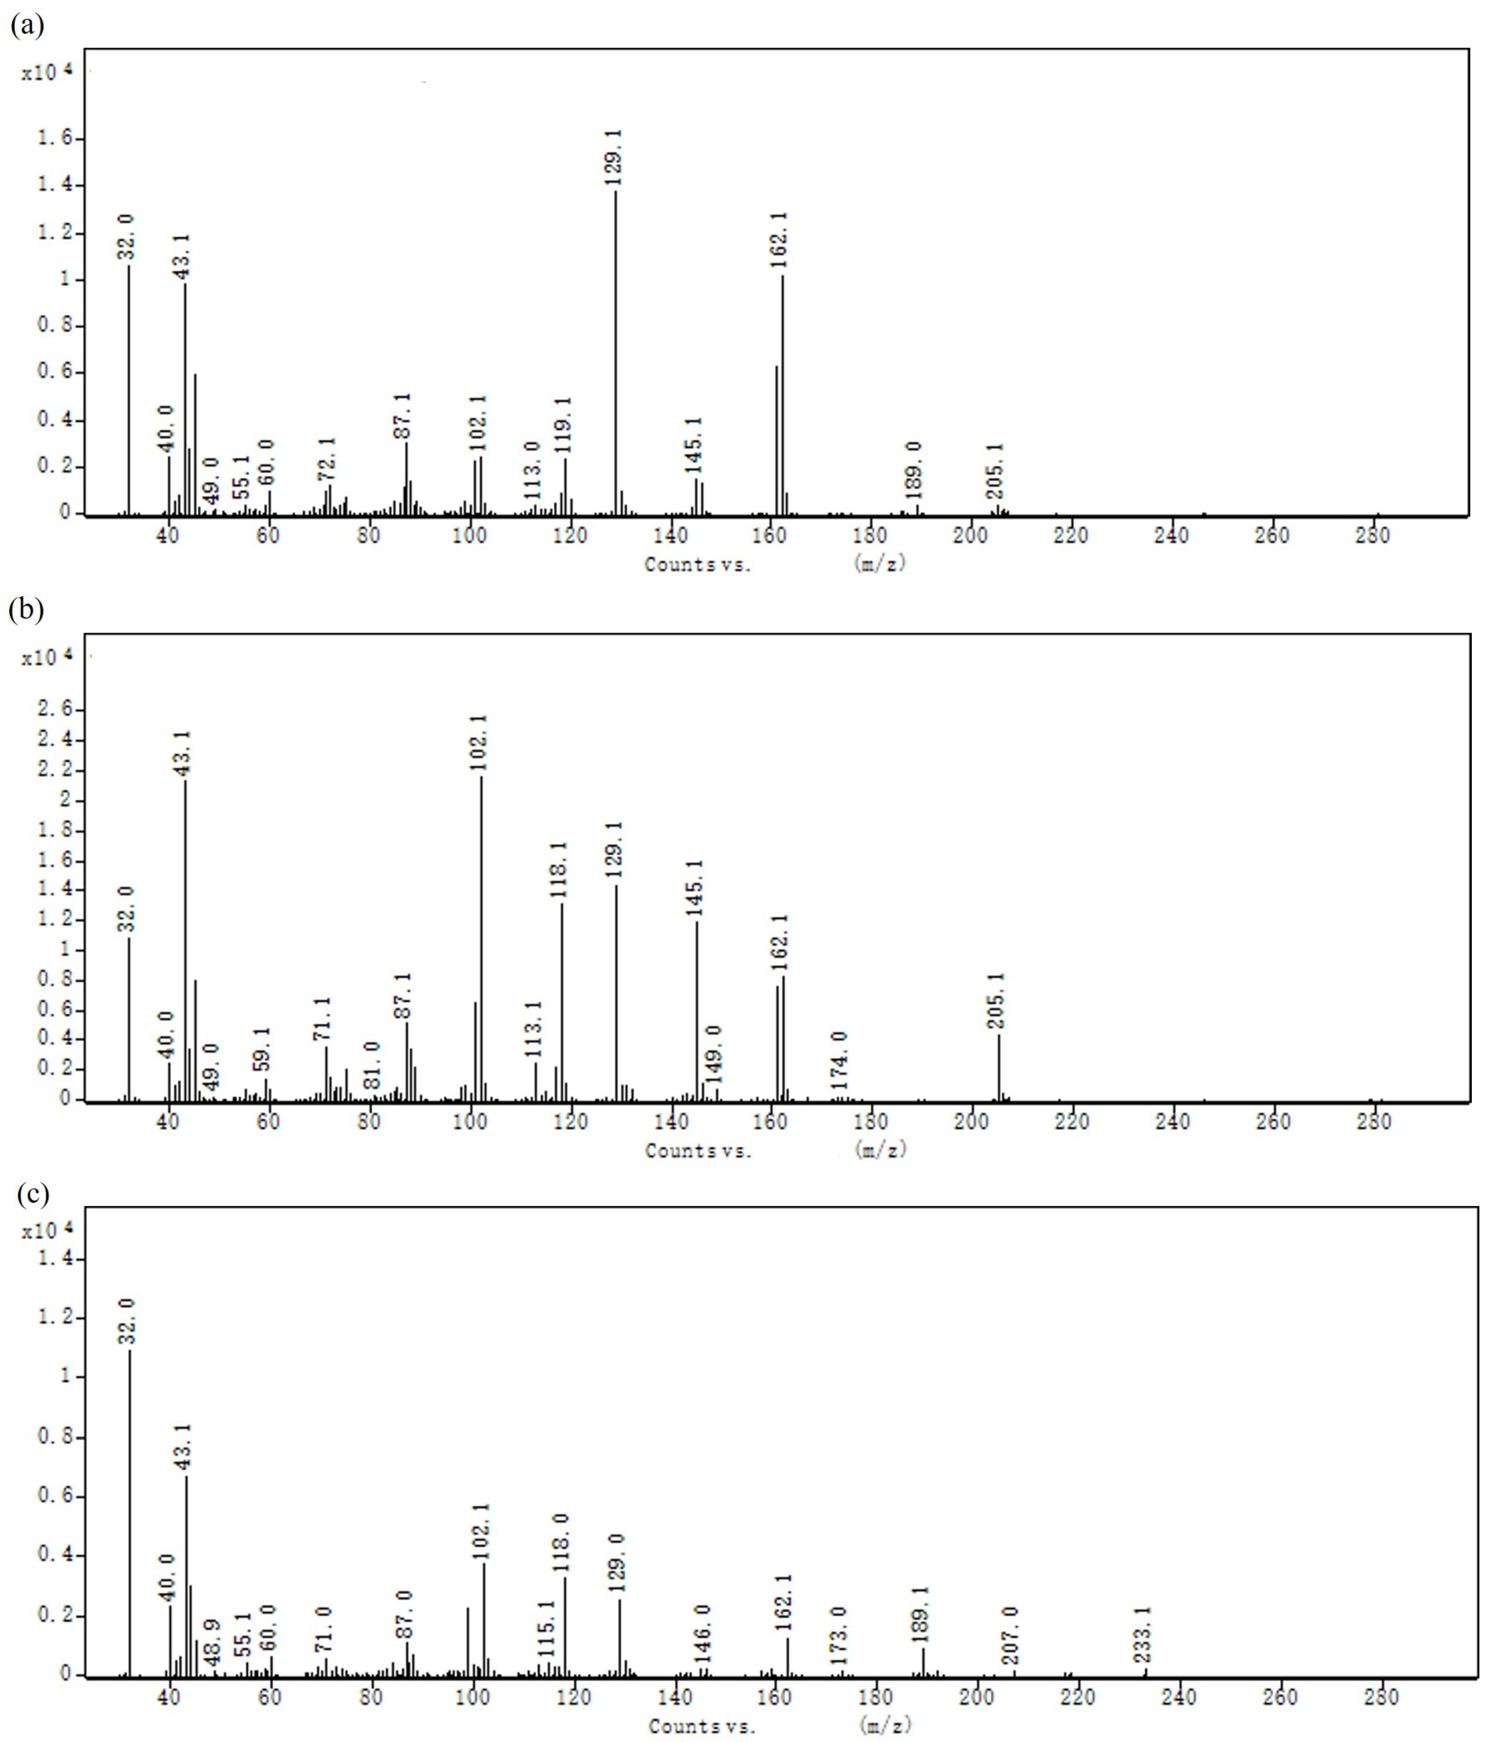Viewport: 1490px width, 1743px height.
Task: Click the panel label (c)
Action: pyautogui.click(x=32, y=1194)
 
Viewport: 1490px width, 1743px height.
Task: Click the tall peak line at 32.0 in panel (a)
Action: pyautogui.click(x=129, y=387)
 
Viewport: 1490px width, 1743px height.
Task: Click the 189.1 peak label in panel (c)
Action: pyautogui.click(x=921, y=1614)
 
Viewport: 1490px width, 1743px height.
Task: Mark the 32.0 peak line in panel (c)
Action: pyautogui.click(x=129, y=1514)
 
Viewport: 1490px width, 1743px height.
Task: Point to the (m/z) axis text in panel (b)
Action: pyautogui.click(x=879, y=1149)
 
